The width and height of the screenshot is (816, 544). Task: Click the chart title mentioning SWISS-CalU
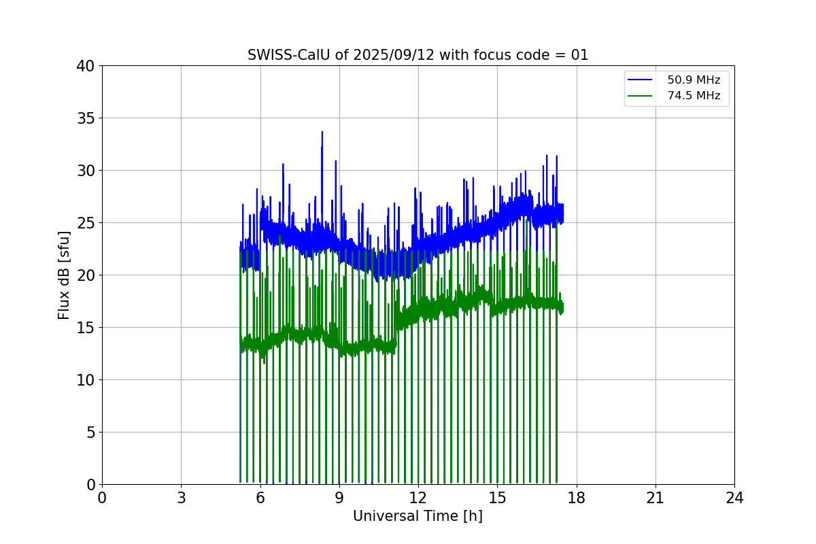point(418,55)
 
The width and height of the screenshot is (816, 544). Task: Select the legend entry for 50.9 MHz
point(693,80)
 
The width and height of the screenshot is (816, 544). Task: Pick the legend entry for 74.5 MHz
point(693,96)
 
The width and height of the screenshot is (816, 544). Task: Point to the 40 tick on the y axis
point(86,66)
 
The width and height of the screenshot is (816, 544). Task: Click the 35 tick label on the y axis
point(86,118)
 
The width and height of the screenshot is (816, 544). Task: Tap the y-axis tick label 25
point(86,223)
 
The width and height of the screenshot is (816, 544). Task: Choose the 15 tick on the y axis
point(86,328)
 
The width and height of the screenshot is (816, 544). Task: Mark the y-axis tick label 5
point(90,432)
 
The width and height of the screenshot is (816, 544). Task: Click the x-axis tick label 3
point(181,498)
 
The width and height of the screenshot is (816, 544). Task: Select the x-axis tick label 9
point(339,498)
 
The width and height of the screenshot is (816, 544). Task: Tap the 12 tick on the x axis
point(418,498)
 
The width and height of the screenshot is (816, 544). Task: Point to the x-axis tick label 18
point(577,498)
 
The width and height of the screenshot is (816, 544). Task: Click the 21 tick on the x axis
point(656,498)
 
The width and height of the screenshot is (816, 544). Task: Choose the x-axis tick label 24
point(734,498)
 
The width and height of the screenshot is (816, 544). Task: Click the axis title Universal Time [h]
point(418,516)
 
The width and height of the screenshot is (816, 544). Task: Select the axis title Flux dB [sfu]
point(64,275)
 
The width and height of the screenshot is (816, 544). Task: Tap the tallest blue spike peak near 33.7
point(322,132)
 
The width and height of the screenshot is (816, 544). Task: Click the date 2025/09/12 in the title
point(394,55)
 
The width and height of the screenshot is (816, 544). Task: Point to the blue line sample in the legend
point(640,80)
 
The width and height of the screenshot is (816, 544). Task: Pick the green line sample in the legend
point(640,96)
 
